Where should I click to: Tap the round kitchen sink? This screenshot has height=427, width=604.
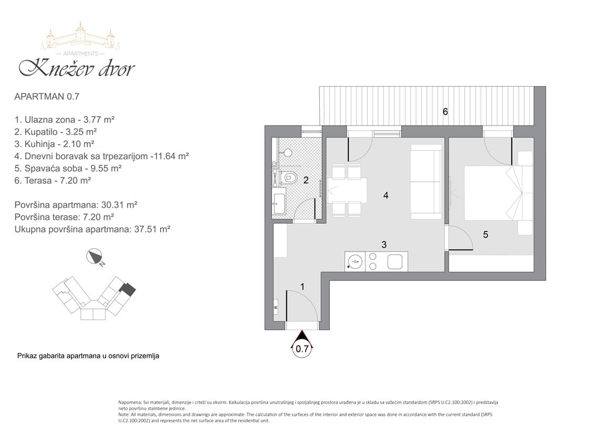coord(355,262)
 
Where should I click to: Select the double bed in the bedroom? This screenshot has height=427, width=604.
coord(493,193)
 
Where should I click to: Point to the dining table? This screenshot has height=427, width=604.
coord(347,190)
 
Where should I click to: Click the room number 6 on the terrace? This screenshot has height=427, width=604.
coord(445,112)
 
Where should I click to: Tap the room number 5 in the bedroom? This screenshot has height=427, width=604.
coord(485,234)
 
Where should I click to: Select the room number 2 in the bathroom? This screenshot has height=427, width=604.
coord(306,180)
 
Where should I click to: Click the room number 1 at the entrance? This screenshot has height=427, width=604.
coord(303,287)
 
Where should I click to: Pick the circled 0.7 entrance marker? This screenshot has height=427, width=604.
coord(302,348)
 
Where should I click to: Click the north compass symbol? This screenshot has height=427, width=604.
coord(95,257)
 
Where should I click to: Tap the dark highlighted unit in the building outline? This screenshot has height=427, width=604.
coord(127,289)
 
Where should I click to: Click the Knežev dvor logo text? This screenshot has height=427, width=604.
coord(77,68)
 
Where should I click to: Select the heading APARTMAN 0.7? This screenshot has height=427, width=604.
coord(47,96)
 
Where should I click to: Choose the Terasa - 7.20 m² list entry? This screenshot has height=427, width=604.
coord(53,180)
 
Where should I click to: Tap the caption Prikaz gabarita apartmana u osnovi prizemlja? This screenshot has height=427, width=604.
coord(88,356)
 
